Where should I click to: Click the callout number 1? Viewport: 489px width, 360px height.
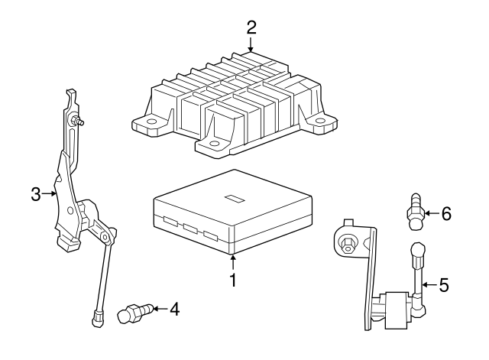coord(233,280)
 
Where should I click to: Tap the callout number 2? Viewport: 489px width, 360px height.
coord(251,28)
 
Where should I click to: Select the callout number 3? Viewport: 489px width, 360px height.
coord(36,194)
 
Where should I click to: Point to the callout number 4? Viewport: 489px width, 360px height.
coord(175,309)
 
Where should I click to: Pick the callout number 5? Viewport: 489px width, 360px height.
coord(444,285)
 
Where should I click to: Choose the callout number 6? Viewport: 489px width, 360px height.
coord(446,214)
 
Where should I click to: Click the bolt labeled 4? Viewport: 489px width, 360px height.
coord(135,313)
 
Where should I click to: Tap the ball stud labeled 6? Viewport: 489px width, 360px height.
coord(416,212)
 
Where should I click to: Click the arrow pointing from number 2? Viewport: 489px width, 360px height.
coord(251,44)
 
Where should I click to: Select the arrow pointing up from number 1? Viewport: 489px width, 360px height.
coord(232,262)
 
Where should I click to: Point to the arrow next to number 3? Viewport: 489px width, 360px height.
coord(49,193)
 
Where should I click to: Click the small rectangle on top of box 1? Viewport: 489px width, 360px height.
coord(235,199)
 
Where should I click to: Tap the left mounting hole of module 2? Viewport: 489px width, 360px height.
coord(152,122)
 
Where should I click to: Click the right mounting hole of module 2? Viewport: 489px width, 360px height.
coord(320,121)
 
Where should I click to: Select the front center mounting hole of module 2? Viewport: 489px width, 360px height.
coord(214,144)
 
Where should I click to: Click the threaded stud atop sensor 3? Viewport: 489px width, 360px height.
coord(78,121)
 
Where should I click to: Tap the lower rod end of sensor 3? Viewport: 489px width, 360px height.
coord(97,318)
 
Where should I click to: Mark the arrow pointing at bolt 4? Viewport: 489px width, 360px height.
coord(160,309)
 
